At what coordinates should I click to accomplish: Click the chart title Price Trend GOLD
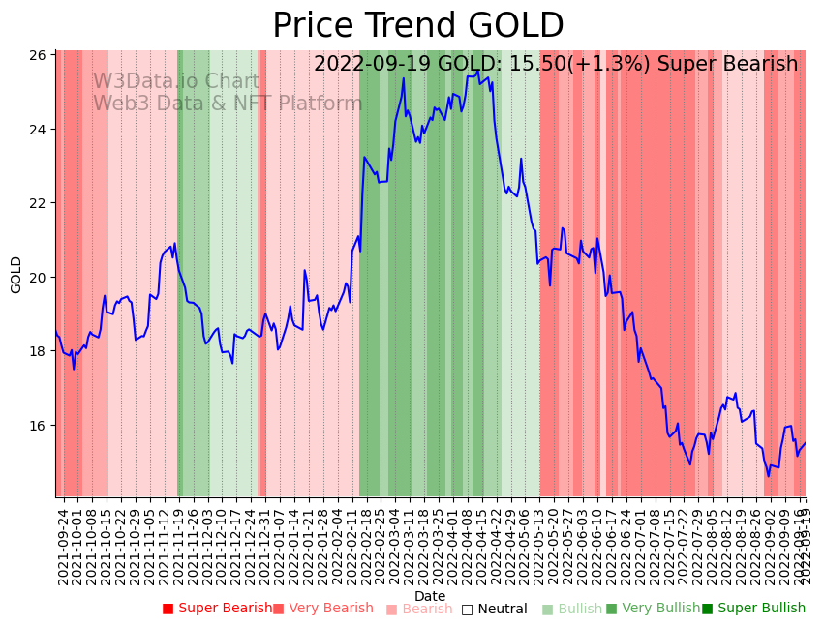click(x=417, y=25)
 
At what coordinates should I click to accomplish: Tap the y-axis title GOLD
click(x=16, y=275)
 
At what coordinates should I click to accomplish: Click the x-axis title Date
click(x=430, y=596)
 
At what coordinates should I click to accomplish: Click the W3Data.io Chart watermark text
click(x=176, y=82)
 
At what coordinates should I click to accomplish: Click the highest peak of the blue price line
click(x=404, y=78)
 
